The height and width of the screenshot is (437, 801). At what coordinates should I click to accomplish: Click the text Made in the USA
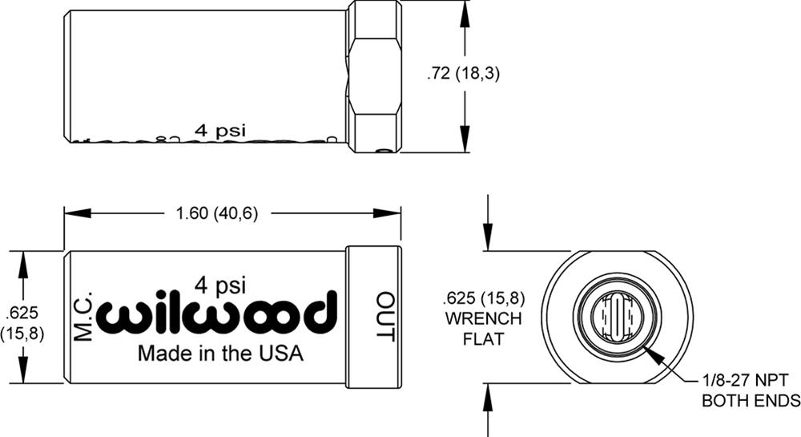(221, 354)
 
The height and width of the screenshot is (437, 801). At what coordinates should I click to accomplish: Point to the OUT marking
(386, 317)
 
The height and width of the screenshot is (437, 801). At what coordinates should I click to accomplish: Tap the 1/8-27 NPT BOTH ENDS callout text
(751, 389)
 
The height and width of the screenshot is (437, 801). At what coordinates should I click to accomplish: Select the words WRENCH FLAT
(483, 329)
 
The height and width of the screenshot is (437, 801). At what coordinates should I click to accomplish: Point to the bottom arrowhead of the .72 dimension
(465, 144)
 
